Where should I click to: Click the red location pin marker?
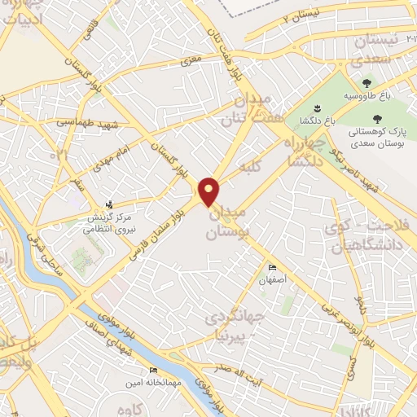tap(209, 191)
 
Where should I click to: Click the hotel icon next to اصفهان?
tap(272, 269)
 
